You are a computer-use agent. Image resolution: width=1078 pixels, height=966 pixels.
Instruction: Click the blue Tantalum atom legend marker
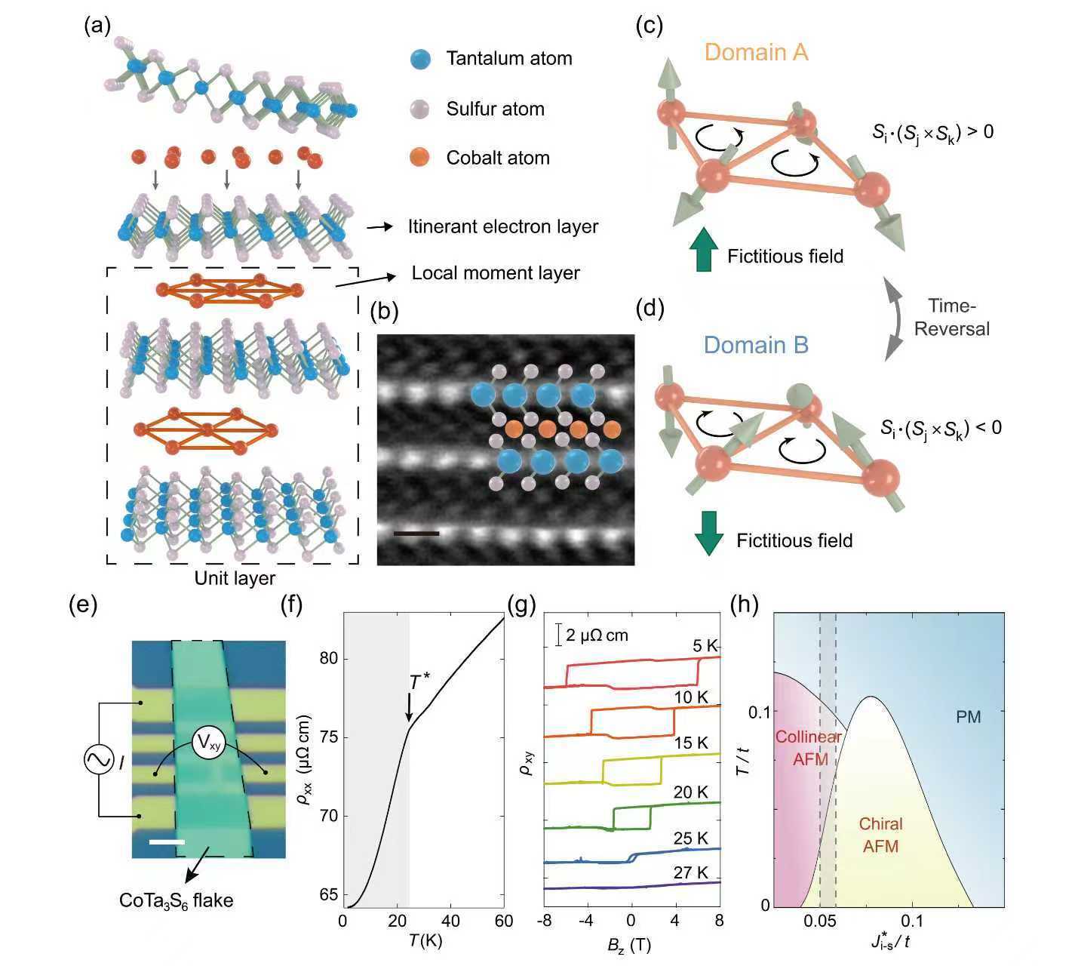point(421,59)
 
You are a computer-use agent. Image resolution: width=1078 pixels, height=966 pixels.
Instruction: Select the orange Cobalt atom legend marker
point(421,158)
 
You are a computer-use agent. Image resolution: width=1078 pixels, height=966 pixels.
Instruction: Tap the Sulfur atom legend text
point(495,109)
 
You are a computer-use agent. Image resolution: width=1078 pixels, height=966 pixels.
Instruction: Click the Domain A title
point(756,52)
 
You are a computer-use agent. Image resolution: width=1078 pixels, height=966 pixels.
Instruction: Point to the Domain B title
point(756,345)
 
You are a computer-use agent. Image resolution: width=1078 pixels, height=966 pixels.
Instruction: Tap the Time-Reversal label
point(952,317)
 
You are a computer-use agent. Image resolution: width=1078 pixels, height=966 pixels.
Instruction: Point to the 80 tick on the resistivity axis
point(328,659)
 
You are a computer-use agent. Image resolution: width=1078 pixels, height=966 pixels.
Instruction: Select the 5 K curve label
point(705,646)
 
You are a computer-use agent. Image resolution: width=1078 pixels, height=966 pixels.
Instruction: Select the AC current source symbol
point(99,760)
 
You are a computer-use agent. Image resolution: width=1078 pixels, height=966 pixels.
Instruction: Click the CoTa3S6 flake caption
point(176,900)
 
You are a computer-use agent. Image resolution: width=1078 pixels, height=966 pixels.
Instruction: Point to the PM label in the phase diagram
point(968,716)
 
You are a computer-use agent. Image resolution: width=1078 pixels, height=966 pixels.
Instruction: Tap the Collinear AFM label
point(809,748)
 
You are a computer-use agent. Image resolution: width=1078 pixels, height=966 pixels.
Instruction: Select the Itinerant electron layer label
point(502,226)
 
